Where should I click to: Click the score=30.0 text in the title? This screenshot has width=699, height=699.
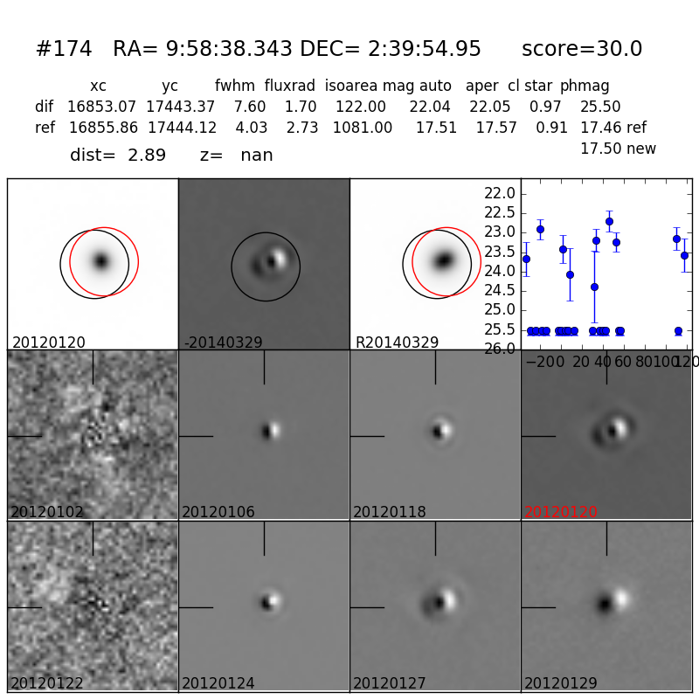point(582,50)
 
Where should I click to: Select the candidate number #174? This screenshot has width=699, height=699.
point(64,50)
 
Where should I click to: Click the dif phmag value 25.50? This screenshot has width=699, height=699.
point(600,107)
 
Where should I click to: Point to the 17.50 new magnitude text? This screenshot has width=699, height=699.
point(618,149)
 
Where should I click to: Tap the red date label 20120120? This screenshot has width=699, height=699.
point(561,512)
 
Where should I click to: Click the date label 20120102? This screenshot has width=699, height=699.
point(47,512)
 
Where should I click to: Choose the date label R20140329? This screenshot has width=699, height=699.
point(397,343)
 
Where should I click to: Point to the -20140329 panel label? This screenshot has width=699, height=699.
point(223,343)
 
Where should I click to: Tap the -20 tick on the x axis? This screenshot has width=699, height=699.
point(538,362)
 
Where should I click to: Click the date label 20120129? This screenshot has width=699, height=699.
point(561,683)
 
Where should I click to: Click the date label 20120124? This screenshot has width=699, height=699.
point(218,683)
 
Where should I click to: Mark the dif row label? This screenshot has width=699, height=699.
point(44,107)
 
